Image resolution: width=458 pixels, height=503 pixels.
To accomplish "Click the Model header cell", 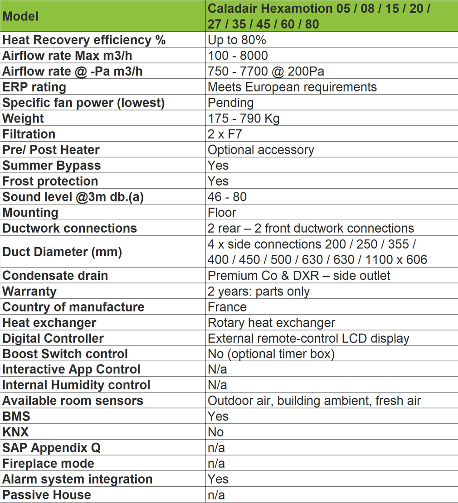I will pyautogui.click(x=20, y=16).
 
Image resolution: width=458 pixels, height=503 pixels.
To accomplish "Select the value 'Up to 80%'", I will pyautogui.click(x=237, y=40).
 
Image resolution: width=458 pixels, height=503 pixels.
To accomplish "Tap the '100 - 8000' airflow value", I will pyautogui.click(x=238, y=56).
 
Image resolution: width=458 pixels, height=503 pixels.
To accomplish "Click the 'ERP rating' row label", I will pyautogui.click(x=34, y=87).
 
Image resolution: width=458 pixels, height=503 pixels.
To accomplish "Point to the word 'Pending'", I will pyautogui.click(x=230, y=103).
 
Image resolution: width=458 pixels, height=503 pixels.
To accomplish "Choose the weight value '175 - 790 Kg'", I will pyautogui.click(x=244, y=119).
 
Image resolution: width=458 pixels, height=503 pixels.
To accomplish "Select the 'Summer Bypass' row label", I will pyautogui.click(x=52, y=165).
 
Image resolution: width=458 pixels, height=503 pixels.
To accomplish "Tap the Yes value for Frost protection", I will pyautogui.click(x=218, y=181).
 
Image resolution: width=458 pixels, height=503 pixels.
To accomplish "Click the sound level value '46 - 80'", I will pyautogui.click(x=227, y=197).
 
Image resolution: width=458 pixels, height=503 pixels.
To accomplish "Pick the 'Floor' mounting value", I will pyautogui.click(x=222, y=212).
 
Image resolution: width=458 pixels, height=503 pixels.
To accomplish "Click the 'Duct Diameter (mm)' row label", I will pyautogui.click(x=62, y=252).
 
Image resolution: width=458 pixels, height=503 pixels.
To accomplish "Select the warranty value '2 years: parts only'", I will pyautogui.click(x=258, y=291).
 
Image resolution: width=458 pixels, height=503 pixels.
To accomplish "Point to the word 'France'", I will pyautogui.click(x=227, y=307).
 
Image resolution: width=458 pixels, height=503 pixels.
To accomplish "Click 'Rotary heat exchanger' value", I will pyautogui.click(x=271, y=323).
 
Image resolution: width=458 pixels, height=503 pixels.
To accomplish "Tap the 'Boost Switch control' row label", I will pyautogui.click(x=65, y=354).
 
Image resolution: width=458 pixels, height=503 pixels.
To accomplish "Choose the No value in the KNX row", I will pyautogui.click(x=216, y=432).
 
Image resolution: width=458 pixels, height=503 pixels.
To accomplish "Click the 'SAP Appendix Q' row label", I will pyautogui.click(x=52, y=448).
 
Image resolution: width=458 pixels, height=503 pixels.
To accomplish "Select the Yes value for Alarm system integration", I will pyautogui.click(x=218, y=479).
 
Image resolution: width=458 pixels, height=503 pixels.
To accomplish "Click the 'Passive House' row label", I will pyautogui.click(x=47, y=495).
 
